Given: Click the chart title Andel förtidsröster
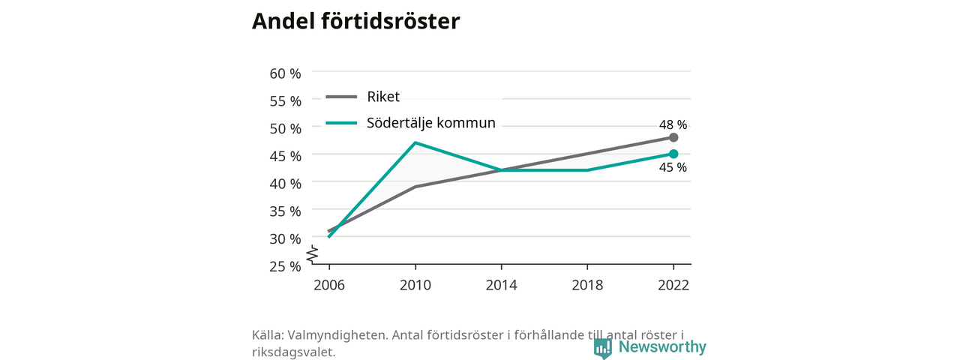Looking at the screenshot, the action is [x=355, y=21].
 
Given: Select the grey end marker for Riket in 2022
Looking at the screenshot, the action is [x=673, y=137].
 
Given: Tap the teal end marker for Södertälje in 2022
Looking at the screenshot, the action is [x=673, y=154].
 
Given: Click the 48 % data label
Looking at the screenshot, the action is [x=673, y=124].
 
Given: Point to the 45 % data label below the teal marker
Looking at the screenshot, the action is [x=673, y=167].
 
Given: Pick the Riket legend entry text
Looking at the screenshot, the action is [x=383, y=97].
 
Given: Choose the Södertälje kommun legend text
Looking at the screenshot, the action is [x=431, y=123].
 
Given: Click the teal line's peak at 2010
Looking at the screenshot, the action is [x=415, y=142].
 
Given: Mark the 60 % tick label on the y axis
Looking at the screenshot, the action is [x=286, y=73].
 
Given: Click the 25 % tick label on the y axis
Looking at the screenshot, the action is [x=286, y=266].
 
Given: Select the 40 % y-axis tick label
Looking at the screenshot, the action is [x=286, y=184].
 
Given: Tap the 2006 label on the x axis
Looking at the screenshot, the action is [x=329, y=285].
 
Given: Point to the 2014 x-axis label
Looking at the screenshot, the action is [x=502, y=285].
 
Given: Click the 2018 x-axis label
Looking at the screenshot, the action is [x=587, y=285].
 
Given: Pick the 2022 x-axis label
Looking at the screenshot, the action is [x=673, y=285].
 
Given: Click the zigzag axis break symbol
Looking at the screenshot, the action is [x=313, y=254].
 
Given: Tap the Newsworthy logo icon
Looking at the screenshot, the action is [x=602, y=349].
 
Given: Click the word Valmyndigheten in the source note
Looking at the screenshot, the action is [x=337, y=335].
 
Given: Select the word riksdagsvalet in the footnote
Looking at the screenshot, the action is [x=293, y=352].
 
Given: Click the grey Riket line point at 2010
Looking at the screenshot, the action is [x=415, y=187].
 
